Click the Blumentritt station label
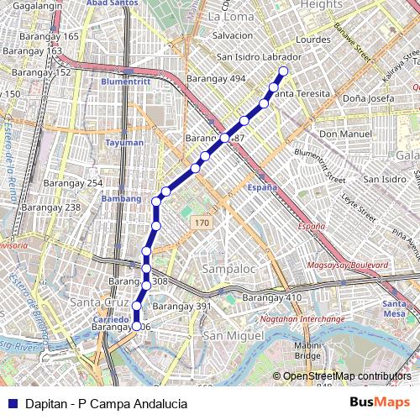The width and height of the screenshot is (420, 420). coord(124,81)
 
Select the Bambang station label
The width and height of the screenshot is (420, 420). coord(117,198)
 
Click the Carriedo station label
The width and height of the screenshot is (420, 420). coord(110,321)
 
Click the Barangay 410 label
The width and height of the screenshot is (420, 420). coord(271,298)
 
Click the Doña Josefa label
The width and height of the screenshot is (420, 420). coord(368,98)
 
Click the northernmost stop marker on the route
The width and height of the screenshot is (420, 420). coord(283,71)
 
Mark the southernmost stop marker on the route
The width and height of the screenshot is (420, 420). coord(137,326)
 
